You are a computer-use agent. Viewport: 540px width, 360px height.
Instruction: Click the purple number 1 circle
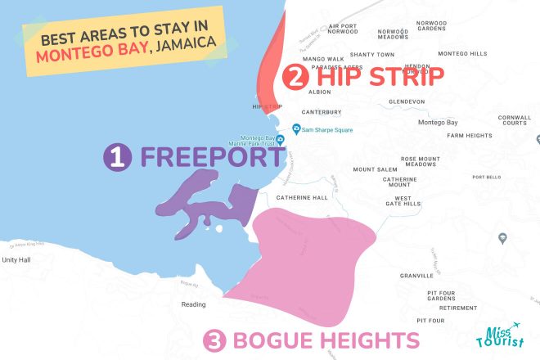click(119, 157)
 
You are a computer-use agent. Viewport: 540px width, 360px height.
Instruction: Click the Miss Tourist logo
click(498, 336)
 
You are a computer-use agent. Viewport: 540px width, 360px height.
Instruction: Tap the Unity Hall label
click(16, 259)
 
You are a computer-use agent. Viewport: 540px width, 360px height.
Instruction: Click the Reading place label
click(194, 304)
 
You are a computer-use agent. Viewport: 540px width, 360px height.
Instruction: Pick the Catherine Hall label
click(302, 197)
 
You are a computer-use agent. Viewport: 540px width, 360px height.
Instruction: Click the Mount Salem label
click(375, 169)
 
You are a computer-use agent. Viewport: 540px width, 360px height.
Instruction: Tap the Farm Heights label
click(466, 135)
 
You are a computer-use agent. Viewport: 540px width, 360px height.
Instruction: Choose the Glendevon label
click(407, 101)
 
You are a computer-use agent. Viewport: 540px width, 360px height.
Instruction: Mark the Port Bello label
click(486, 177)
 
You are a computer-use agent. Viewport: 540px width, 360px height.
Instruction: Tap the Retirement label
click(458, 308)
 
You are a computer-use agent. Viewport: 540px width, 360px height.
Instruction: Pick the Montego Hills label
click(462, 54)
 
